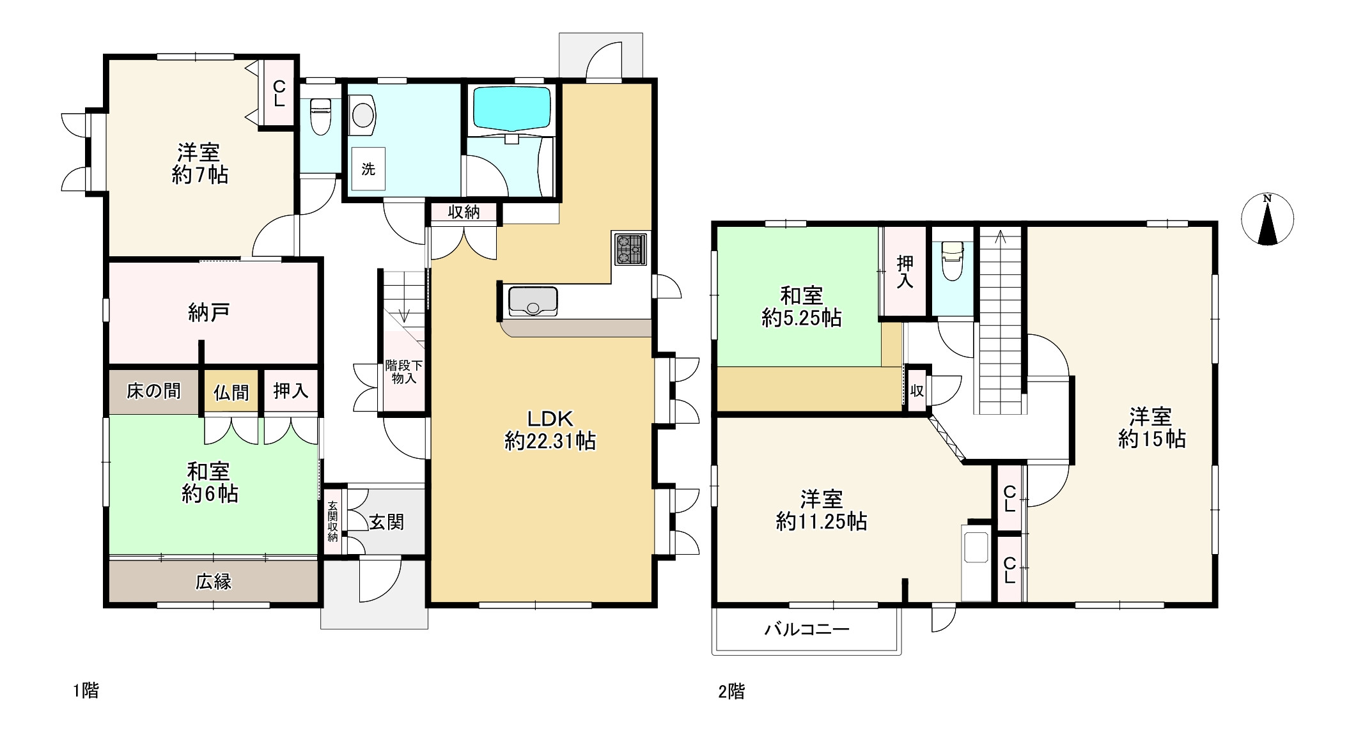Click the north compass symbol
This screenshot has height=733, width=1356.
pos(1267,219)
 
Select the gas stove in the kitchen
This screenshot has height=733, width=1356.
pos(630,249)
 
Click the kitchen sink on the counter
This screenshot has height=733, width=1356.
pos(533,301)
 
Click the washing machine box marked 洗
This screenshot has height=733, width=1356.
pos(368,169)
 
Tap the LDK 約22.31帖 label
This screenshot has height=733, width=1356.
pos(550,430)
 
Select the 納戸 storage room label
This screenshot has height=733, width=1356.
pos(208,312)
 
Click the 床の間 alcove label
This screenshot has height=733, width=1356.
pos(153,391)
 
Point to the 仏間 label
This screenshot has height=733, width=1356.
pos(231,392)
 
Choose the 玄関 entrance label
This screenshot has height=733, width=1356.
pos(387,522)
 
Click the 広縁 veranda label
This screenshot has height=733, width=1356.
pos(213,582)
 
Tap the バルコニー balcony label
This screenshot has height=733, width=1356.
pos(807,629)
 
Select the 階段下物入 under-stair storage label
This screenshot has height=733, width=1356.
pos(403,372)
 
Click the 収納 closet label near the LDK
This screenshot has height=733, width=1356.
pos(464,212)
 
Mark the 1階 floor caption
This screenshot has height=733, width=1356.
pos(86,691)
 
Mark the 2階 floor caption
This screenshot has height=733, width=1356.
pos(731,691)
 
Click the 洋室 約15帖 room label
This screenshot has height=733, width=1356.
pos(1151,428)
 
